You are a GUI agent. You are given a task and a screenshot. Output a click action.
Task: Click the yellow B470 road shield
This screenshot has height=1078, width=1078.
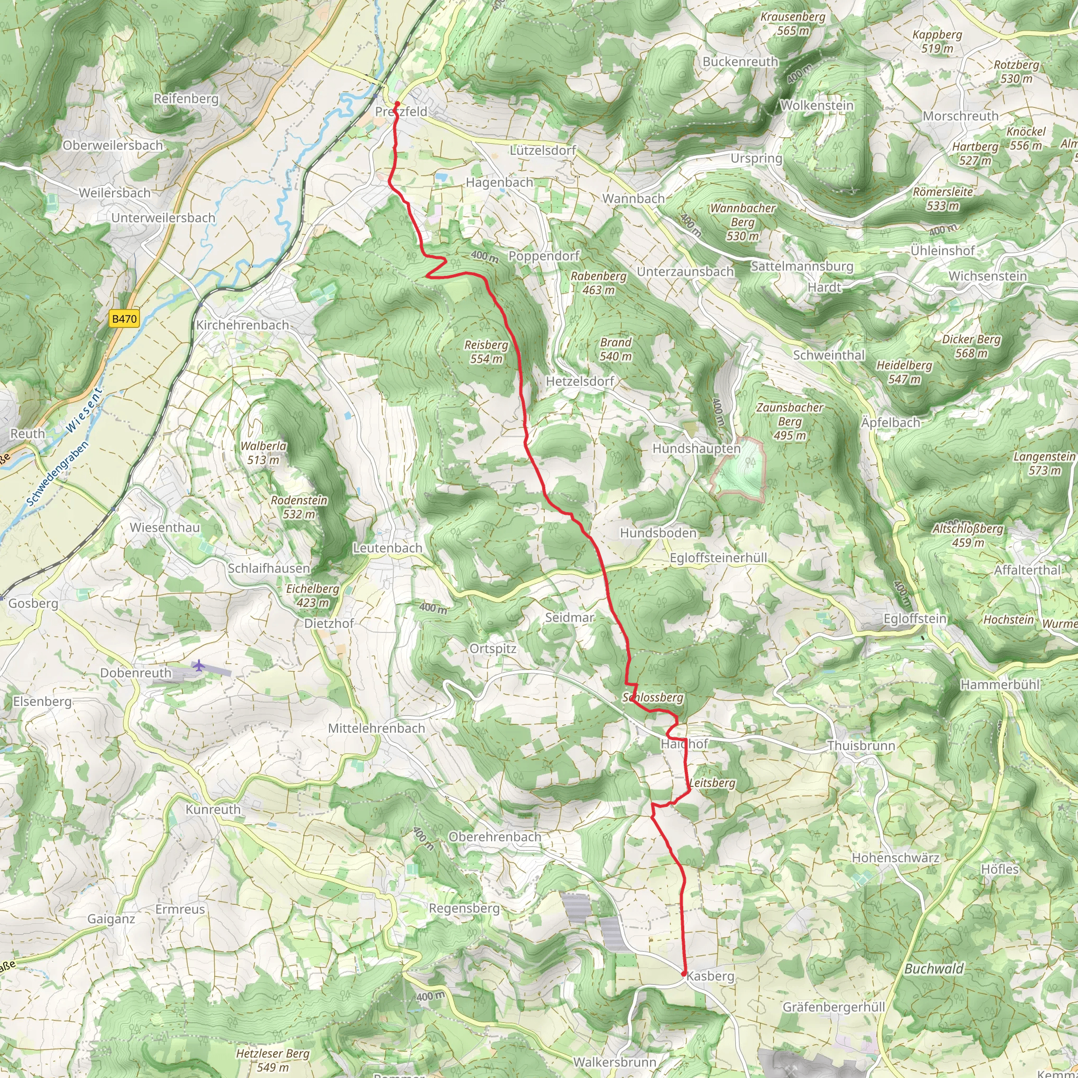pos(124,318)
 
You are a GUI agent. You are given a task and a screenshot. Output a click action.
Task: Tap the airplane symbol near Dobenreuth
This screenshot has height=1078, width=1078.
pos(198,665)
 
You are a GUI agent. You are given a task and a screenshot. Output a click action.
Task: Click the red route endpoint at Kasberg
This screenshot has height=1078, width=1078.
pos(684,974)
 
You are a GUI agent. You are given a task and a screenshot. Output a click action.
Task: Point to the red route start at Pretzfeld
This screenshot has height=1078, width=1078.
pos(397,104)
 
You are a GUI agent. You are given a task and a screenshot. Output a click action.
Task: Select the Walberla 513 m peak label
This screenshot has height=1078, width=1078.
pos(263,453)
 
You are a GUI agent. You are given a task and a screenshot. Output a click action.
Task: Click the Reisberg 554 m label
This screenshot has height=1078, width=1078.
pos(486,352)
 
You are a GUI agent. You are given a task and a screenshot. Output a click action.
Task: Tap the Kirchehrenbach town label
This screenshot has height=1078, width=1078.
pos(242,325)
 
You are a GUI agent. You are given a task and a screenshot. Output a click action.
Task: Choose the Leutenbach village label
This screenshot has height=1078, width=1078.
pos(387,548)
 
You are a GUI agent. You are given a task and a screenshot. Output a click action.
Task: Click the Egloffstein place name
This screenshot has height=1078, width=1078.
pos(914,618)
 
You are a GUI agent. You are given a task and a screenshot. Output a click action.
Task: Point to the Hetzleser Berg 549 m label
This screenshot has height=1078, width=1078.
pos(272,1060)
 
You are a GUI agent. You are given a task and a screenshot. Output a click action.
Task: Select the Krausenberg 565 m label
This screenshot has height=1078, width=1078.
pos(793,24)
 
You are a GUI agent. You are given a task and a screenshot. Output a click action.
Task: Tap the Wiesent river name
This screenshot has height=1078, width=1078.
pos(84,410)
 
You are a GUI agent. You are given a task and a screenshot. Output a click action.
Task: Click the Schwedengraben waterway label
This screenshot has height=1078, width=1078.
pos(57,474)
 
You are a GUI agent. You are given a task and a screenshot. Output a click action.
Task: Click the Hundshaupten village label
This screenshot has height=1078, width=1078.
pos(696,448)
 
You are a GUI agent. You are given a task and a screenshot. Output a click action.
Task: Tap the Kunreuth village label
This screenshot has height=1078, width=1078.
pos(213,809)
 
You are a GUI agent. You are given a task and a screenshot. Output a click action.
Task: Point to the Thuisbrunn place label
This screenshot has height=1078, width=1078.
pos(861,745)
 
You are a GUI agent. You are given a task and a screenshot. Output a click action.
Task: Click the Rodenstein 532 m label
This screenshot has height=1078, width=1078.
pos(299,507)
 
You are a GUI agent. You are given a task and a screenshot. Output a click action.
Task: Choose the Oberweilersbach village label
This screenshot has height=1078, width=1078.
pos(113,145)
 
